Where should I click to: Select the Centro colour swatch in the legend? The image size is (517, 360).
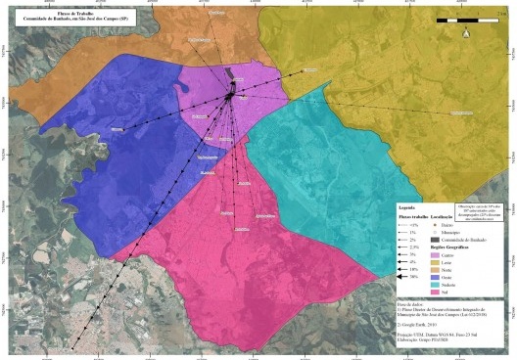coord(435,256)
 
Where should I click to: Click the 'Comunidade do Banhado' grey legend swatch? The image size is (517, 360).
coord(435,240)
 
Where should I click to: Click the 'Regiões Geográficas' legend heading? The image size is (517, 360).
coord(451,248)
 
